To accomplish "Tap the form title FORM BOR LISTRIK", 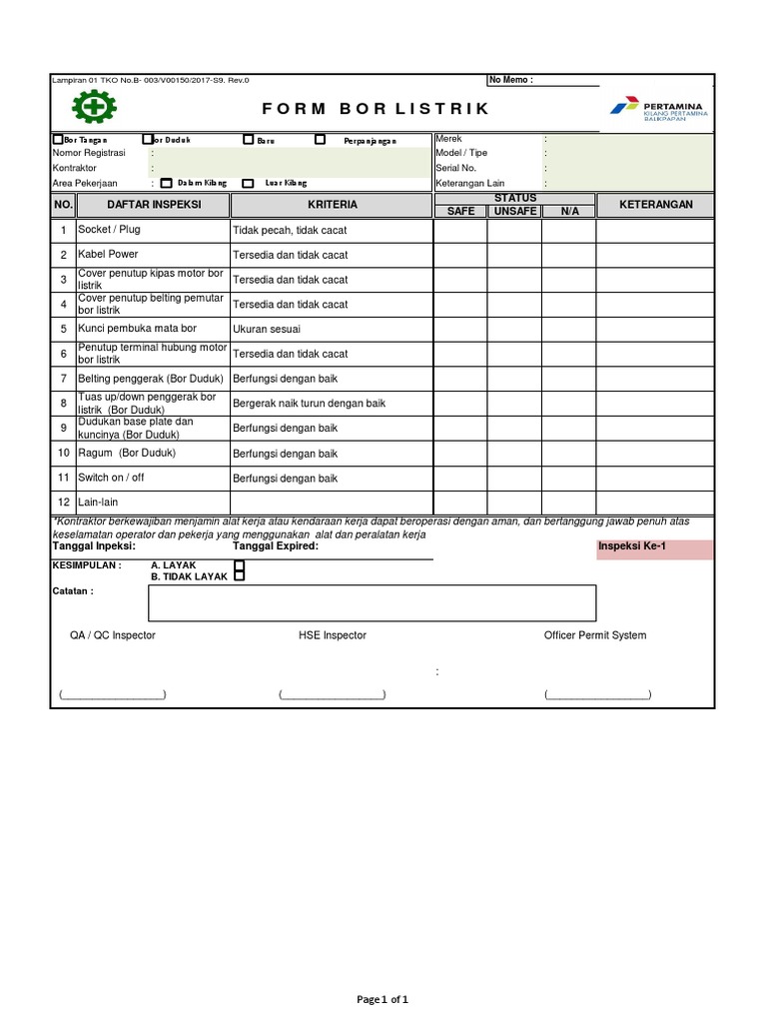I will pyautogui.click(x=376, y=108).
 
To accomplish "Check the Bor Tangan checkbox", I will pyautogui.click(x=58, y=140).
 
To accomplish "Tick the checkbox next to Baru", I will pyautogui.click(x=249, y=140).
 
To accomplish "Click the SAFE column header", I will pyautogui.click(x=460, y=211).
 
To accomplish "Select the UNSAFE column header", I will pyautogui.click(x=514, y=211).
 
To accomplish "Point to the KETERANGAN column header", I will pyautogui.click(x=655, y=205).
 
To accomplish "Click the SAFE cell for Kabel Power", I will pyautogui.click(x=460, y=255).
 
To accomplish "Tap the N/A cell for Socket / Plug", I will pyautogui.click(x=568, y=230).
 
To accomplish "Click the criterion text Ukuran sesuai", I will pyautogui.click(x=267, y=329).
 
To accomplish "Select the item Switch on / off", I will pyautogui.click(x=111, y=479).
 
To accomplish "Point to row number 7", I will pyautogui.click(x=63, y=379).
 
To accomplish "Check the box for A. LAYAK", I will pyautogui.click(x=239, y=565).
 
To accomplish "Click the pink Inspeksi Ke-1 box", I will pyautogui.click(x=654, y=548).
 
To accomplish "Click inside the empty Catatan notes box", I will pyautogui.click(x=372, y=602).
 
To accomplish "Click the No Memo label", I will pyautogui.click(x=511, y=80).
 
